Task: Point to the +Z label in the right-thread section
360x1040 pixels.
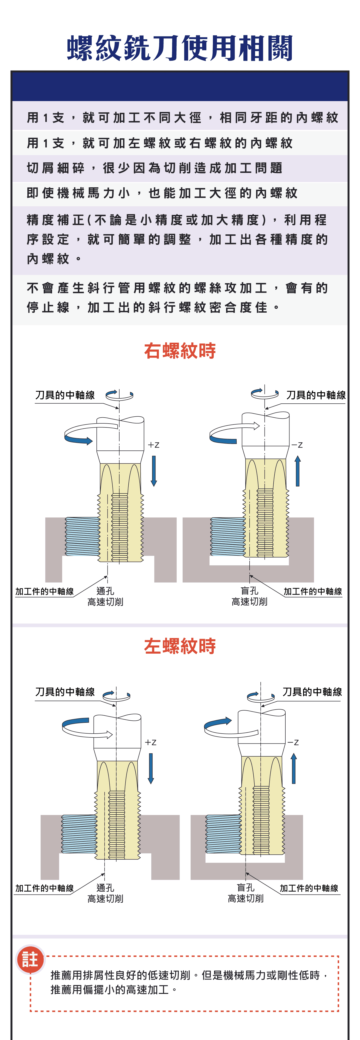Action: tap(153, 445)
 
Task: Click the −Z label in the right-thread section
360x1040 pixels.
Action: tap(297, 445)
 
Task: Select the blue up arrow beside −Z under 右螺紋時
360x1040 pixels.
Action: tap(297, 471)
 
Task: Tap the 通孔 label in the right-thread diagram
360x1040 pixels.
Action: tap(105, 591)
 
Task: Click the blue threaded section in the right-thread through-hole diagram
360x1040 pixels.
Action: tap(83, 536)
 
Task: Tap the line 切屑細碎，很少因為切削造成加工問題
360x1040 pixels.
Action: tap(155, 168)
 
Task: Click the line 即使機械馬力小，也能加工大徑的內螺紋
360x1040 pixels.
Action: tap(162, 193)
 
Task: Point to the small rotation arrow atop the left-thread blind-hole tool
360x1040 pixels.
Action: tap(258, 696)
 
